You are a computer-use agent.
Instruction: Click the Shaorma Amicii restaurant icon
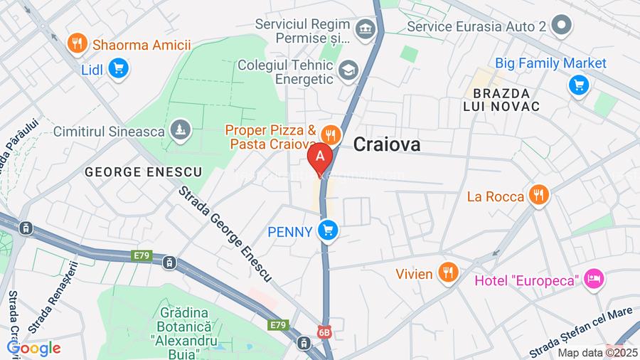77,44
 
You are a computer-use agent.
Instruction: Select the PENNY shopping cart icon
327,231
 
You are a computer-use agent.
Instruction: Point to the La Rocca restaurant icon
538,196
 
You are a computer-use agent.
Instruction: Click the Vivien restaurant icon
447,272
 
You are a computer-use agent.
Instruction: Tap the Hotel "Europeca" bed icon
593,280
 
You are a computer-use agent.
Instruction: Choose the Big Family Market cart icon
579,85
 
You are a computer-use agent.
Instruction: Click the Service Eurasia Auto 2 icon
562,26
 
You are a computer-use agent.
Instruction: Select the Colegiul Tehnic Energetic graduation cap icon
348,70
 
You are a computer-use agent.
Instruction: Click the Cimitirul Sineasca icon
181,130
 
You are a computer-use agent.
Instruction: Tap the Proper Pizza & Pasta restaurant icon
329,134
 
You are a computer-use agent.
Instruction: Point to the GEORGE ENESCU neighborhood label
143,171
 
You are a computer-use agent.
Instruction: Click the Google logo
33,348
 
